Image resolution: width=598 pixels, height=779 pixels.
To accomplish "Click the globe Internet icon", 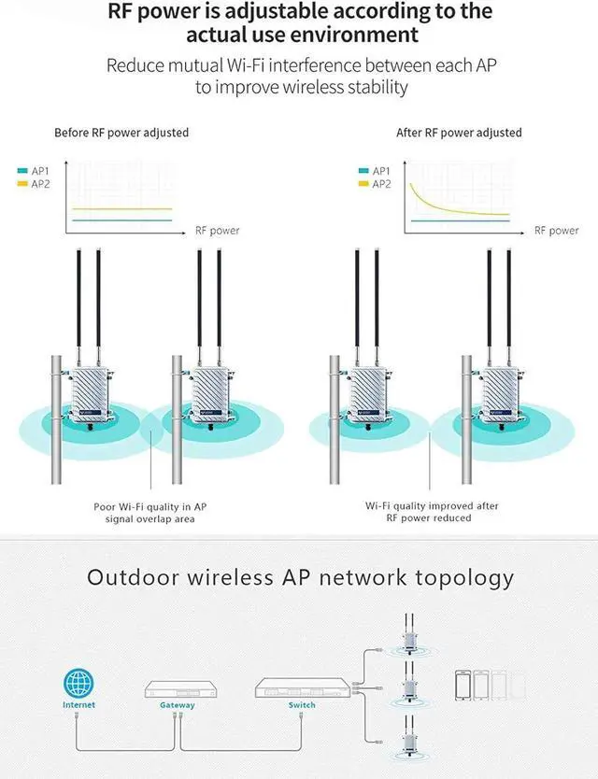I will tap(78, 683).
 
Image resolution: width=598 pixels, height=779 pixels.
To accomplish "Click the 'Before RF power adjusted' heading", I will tap(121, 133).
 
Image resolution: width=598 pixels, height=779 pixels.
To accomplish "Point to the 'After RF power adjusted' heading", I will tap(459, 133).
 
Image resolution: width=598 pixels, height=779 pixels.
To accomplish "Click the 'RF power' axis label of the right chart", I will tap(557, 231).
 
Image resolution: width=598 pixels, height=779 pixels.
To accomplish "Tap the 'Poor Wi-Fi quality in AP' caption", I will tap(150, 506).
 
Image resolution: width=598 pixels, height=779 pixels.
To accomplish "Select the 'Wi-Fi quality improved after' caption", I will tap(432, 505).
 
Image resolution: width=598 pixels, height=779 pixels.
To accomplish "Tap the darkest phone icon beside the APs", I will tap(463, 686).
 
